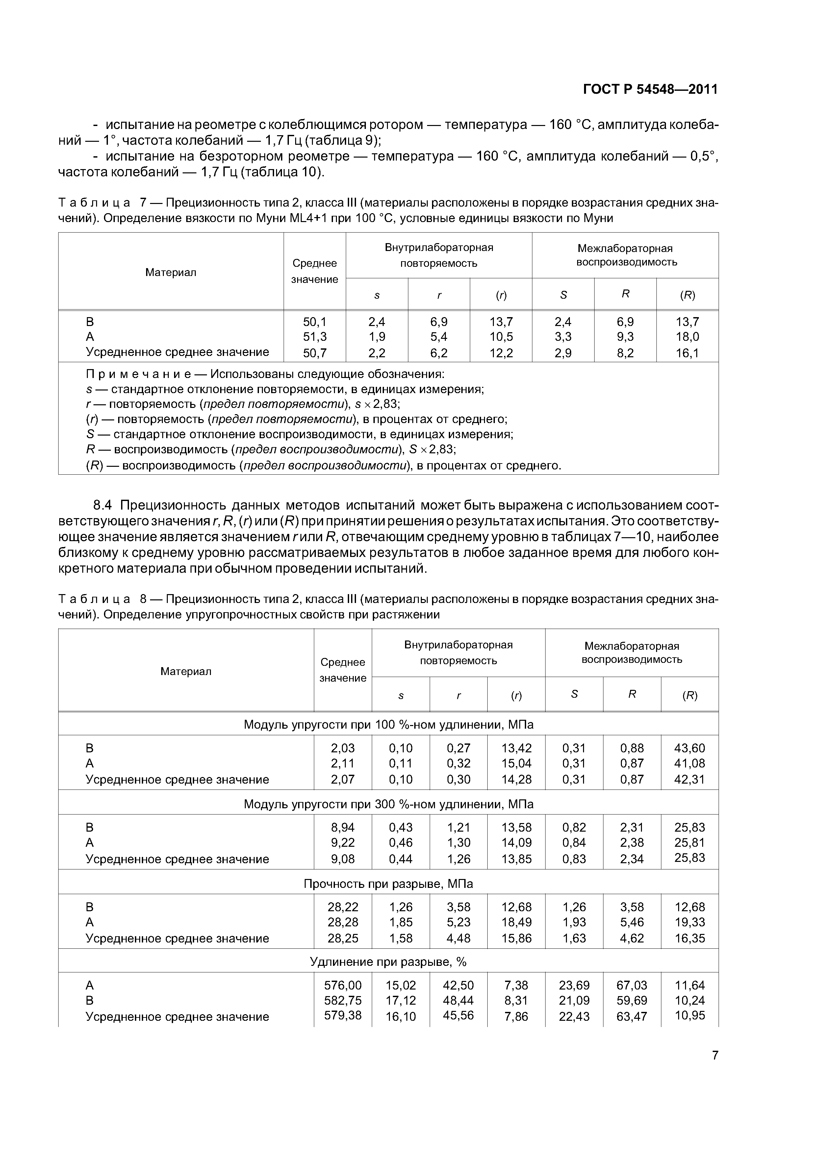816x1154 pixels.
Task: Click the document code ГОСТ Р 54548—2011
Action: click(650, 89)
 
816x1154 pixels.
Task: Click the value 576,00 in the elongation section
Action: click(343, 985)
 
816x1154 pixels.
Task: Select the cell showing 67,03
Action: click(631, 985)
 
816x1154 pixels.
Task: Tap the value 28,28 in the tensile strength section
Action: click(343, 922)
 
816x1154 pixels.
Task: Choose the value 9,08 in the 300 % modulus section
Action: click(343, 859)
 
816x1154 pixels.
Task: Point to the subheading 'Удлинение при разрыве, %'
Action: click(388, 962)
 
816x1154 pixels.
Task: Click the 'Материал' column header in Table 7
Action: click(170, 272)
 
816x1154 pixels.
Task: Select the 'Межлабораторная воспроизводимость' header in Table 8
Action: click(631, 653)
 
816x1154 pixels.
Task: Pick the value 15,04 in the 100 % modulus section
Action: click(516, 764)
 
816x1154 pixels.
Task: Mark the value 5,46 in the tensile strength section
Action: click(631, 922)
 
